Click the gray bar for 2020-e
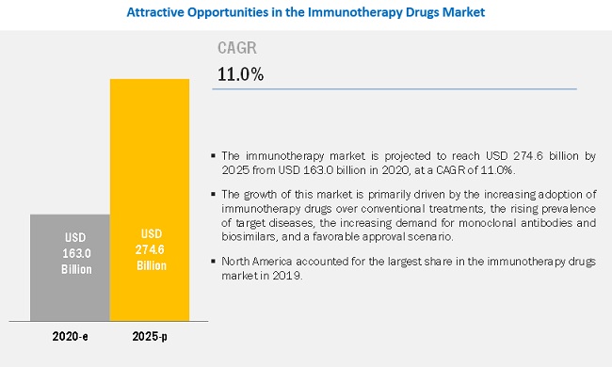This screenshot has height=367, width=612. pyautogui.click(x=70, y=267)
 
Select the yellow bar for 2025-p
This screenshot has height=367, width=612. pyautogui.click(x=150, y=200)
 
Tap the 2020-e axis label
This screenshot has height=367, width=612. pyautogui.click(x=71, y=336)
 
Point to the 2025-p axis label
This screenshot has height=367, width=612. pyautogui.click(x=150, y=336)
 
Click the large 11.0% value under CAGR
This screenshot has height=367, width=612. pyautogui.click(x=240, y=74)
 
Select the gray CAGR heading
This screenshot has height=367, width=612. pyautogui.click(x=237, y=48)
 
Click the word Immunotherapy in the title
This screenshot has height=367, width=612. pyautogui.click(x=355, y=12)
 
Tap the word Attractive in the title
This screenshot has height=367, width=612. pyautogui.click(x=155, y=12)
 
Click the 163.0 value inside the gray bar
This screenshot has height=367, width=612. pyautogui.click(x=76, y=253)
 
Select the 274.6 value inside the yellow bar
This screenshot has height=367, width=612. pyautogui.click(x=150, y=249)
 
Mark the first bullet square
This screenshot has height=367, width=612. pyautogui.click(x=213, y=155)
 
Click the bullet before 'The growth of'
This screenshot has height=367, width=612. pyautogui.click(x=213, y=194)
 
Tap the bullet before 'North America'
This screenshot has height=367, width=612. pyautogui.click(x=213, y=261)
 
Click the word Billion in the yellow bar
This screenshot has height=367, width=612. pyautogui.click(x=152, y=265)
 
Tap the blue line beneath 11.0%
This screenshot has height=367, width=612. pyautogui.click(x=395, y=88)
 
